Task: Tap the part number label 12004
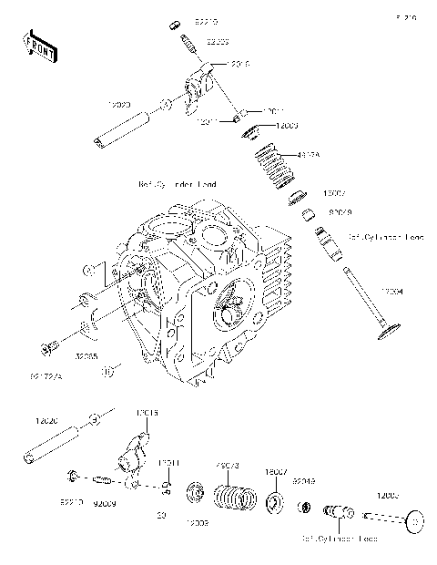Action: [x=391, y=291]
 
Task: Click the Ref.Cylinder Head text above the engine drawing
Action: [x=178, y=185]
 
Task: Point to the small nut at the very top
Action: [x=175, y=23]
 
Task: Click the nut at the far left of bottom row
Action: [x=73, y=476]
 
